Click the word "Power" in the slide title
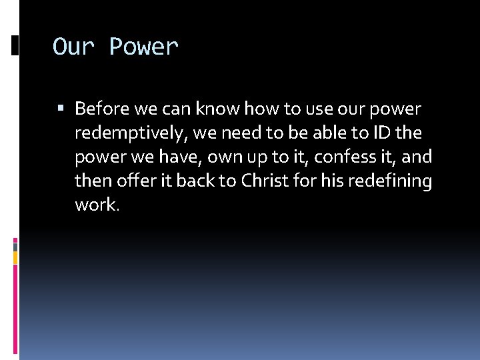[x=144, y=47]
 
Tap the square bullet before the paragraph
[x=61, y=108]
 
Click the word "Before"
[x=102, y=108]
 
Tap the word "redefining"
[x=393, y=181]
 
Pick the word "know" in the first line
[x=217, y=108]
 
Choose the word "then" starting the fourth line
[x=89, y=181]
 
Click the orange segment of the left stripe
[x=15, y=257]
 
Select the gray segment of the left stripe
[x=15, y=246]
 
